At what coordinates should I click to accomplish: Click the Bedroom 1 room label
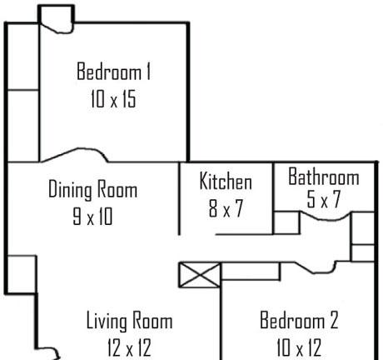[114, 72]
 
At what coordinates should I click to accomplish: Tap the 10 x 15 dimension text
[113, 99]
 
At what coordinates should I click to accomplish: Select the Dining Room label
[93, 190]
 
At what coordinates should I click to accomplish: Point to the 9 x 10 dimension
[92, 217]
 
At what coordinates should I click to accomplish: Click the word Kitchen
[226, 181]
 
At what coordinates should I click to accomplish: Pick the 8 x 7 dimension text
[226, 208]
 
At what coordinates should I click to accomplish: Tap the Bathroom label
[324, 177]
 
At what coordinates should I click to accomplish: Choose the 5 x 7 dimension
[324, 199]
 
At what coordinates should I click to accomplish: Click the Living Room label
[129, 321]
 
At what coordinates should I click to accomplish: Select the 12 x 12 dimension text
[129, 347]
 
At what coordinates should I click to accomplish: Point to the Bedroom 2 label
[299, 320]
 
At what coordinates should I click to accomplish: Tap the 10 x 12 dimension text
[299, 347]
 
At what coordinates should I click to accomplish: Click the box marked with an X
[200, 275]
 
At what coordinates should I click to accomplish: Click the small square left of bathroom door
[286, 222]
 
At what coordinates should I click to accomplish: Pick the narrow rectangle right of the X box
[251, 271]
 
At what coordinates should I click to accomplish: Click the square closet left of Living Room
[22, 274]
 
